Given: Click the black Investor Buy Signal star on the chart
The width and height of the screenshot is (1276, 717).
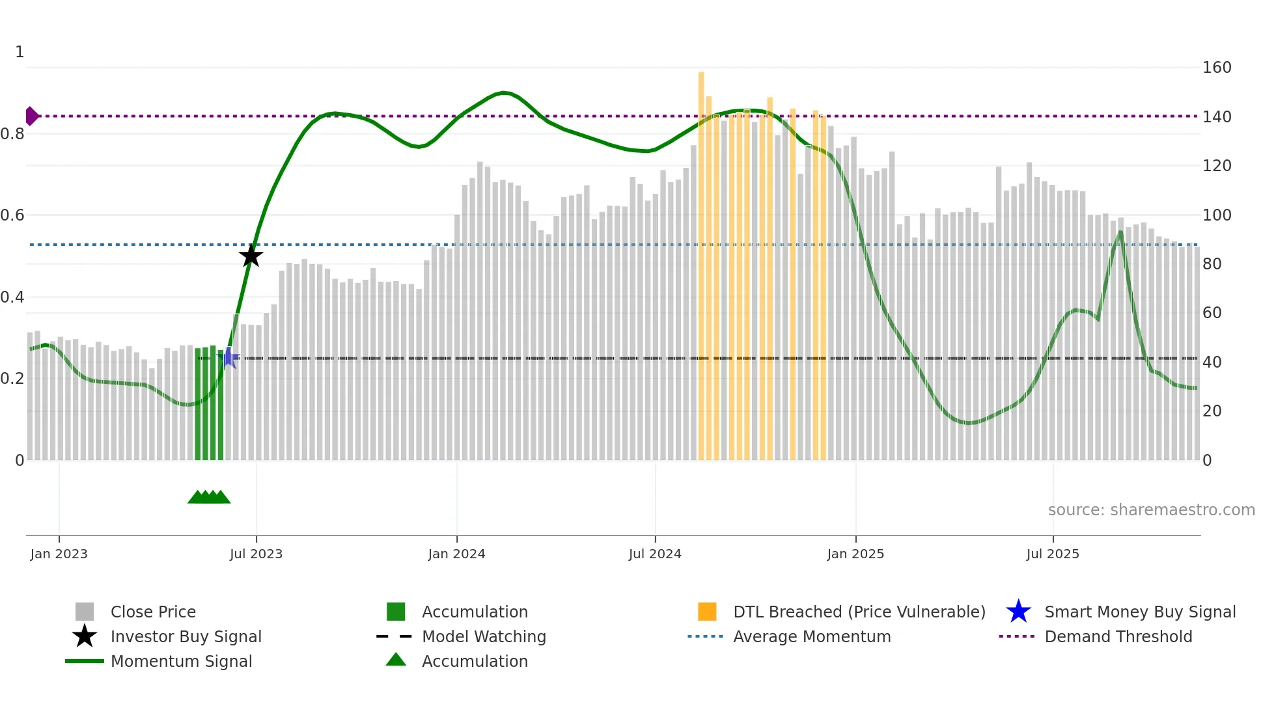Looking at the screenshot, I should pyautogui.click(x=251, y=256).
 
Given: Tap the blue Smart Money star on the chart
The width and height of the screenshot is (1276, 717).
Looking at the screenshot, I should pyautogui.click(x=229, y=357).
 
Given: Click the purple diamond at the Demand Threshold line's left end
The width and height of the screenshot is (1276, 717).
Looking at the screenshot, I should pyautogui.click(x=31, y=116).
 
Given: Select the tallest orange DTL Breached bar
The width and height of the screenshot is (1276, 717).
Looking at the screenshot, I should pyautogui.click(x=701, y=260).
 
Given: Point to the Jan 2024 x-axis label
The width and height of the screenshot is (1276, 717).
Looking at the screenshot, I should pyautogui.click(x=456, y=554).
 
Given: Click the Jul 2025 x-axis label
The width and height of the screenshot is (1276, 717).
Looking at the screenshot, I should pyautogui.click(x=1053, y=554).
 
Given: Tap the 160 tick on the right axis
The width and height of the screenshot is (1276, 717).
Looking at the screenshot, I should pyautogui.click(x=1217, y=68).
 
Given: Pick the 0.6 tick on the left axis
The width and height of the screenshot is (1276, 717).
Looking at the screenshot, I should pyautogui.click(x=13, y=215).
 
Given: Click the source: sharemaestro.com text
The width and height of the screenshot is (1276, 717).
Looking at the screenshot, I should pyautogui.click(x=1151, y=510).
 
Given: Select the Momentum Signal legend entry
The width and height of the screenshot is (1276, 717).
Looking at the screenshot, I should pyautogui.click(x=181, y=661).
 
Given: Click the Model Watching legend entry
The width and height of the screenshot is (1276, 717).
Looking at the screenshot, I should pyautogui.click(x=484, y=636).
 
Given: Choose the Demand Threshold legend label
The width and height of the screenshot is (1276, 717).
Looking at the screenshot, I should pyautogui.click(x=1118, y=636).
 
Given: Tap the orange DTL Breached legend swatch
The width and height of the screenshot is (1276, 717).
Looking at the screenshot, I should pyautogui.click(x=707, y=612).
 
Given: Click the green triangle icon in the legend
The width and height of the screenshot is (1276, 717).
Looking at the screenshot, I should pyautogui.click(x=396, y=660).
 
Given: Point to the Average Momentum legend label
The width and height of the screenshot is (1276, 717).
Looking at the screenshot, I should pyautogui.click(x=812, y=636).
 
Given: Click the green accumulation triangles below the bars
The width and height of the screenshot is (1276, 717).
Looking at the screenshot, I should pyautogui.click(x=209, y=497).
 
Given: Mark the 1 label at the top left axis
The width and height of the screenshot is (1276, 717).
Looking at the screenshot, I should pyautogui.click(x=20, y=52).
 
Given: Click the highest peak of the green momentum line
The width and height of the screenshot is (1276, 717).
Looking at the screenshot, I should pyautogui.click(x=504, y=93).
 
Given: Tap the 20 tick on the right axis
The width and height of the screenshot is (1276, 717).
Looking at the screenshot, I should pyautogui.click(x=1212, y=411).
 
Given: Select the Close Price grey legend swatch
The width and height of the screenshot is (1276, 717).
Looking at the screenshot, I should pyautogui.click(x=85, y=612).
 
